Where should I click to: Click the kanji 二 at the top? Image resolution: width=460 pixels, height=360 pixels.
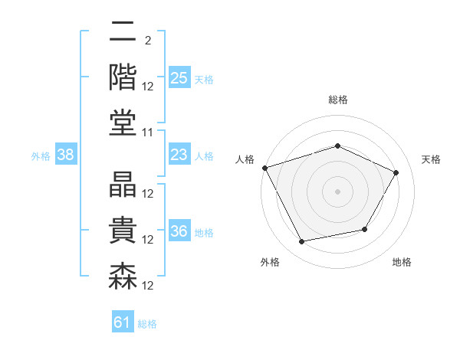tap(123, 31)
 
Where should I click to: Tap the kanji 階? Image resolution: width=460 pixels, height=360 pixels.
tap(123, 77)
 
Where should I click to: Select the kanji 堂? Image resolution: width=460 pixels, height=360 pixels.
tap(123, 123)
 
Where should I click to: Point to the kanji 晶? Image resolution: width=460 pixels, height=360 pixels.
tap(123, 185)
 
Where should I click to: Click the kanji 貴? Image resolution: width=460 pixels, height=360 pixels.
tap(123, 230)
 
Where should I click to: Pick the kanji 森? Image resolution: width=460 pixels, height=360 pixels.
tap(123, 277)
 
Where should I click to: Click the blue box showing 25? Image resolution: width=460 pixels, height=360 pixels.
tap(179, 77)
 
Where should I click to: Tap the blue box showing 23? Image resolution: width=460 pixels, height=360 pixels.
tap(179, 154)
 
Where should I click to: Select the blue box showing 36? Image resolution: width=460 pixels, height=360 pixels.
tap(179, 230)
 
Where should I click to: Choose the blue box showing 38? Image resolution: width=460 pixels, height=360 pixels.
tap(66, 154)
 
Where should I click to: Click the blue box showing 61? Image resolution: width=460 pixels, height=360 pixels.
tap(123, 321)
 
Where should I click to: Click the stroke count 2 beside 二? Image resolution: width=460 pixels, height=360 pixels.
tap(148, 41)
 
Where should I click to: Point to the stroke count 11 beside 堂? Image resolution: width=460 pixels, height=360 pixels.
tap(147, 133)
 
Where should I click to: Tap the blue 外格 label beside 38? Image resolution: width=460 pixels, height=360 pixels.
tap(41, 156)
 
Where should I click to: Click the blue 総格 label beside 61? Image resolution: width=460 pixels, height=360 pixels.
tap(147, 324)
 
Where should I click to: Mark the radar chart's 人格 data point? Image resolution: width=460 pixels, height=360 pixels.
tap(265, 168)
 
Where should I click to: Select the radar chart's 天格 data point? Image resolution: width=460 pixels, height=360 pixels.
tap(396, 172)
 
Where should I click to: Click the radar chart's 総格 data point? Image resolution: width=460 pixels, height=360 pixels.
tap(337, 146)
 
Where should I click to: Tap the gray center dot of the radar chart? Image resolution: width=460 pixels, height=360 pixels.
tap(337, 191)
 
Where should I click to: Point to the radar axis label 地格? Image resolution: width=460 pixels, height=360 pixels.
tap(402, 262)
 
